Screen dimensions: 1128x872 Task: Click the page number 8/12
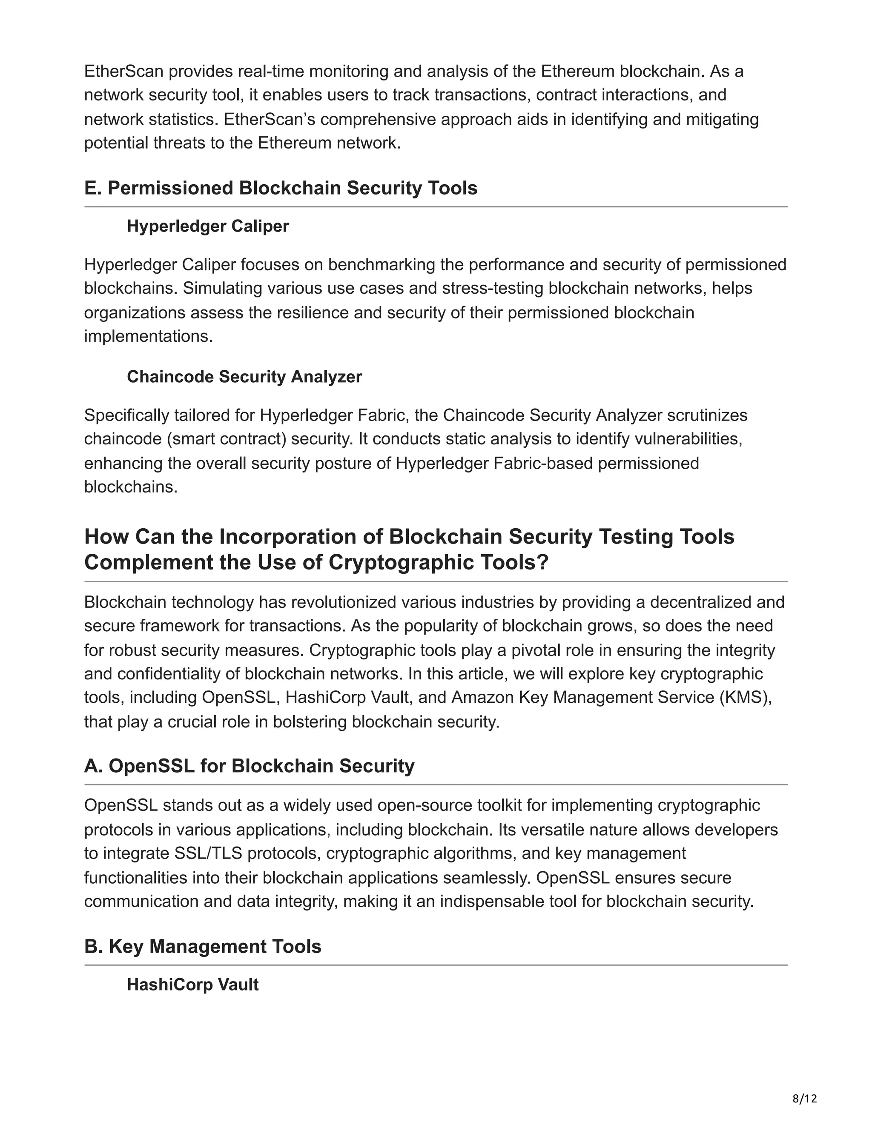[x=804, y=1098]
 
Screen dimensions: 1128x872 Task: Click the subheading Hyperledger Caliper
[x=208, y=226]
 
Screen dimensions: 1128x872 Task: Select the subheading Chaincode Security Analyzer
[x=244, y=377]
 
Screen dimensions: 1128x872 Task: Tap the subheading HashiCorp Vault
[x=193, y=985]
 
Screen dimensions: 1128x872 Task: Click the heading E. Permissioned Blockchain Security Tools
[x=281, y=188]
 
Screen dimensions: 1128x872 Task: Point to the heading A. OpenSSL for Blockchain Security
[x=249, y=765]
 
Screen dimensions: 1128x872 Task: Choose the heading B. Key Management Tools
[x=203, y=946]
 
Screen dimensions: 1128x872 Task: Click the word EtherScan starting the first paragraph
[x=124, y=71]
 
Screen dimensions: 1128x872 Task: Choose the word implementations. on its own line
[x=148, y=336]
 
